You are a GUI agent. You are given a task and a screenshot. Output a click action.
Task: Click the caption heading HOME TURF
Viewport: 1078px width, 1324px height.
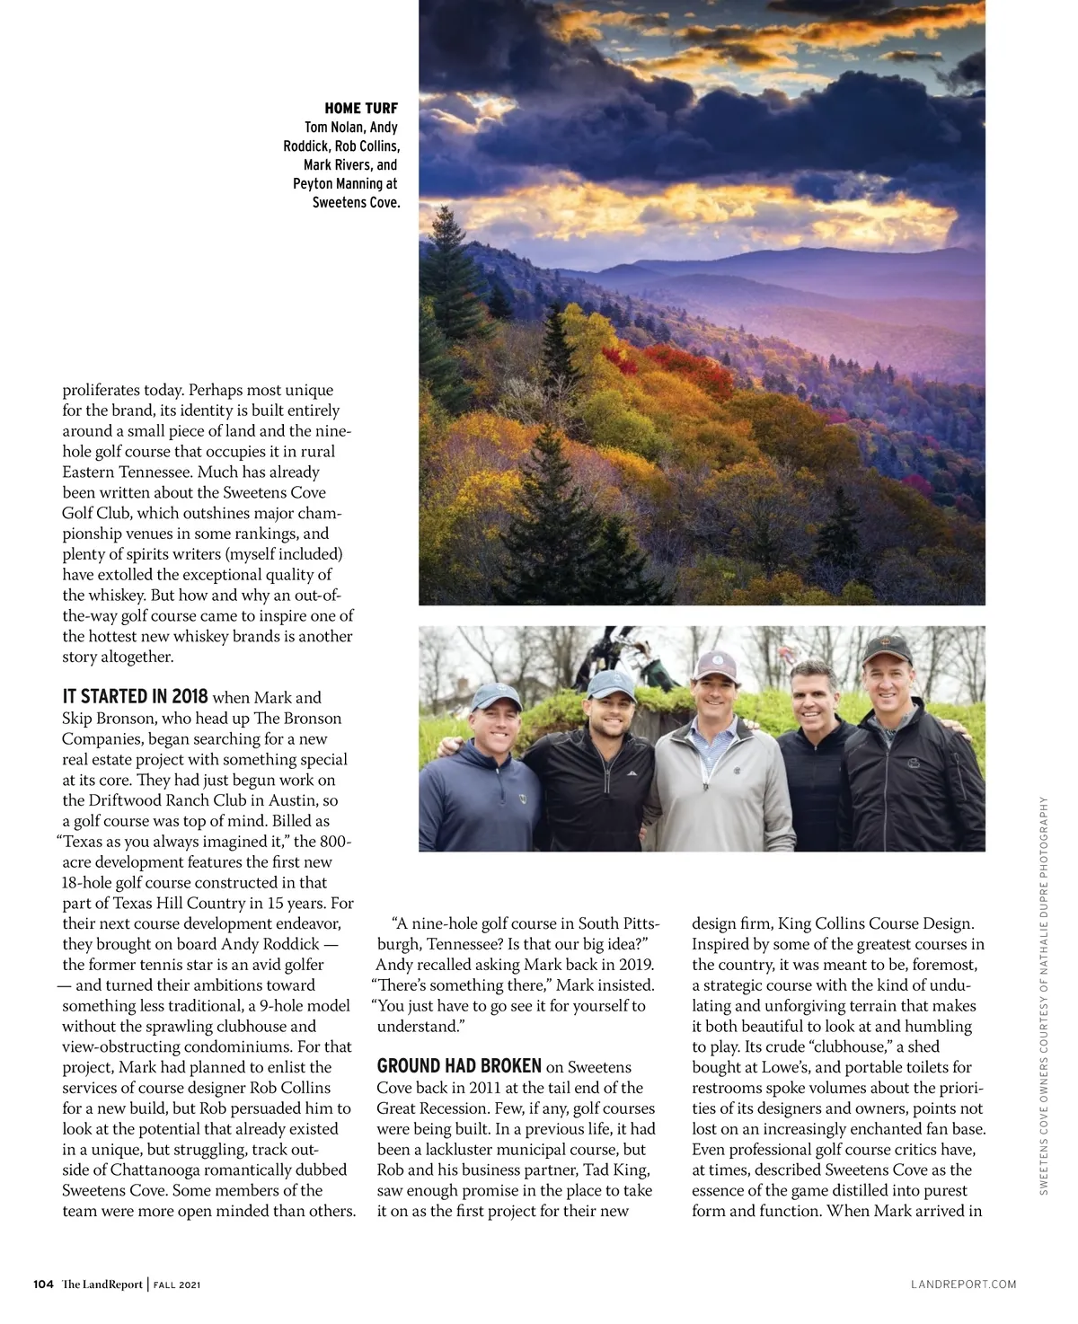click(x=360, y=109)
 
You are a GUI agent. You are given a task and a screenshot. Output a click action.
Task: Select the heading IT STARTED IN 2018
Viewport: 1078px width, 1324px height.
click(x=135, y=697)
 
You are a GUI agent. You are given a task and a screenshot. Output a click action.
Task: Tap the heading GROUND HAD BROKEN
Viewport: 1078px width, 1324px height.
click(x=459, y=1066)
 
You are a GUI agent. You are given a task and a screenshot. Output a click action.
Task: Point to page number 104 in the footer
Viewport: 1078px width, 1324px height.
click(x=43, y=1284)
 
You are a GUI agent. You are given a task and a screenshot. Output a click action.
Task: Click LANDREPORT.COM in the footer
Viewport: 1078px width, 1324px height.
click(x=963, y=1284)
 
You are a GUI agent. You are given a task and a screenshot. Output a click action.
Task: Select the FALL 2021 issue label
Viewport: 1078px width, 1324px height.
click(x=177, y=1285)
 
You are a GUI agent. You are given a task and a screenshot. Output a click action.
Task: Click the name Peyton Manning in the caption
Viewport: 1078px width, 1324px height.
click(x=345, y=183)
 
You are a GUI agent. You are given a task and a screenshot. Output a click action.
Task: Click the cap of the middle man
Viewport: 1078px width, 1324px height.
click(x=715, y=666)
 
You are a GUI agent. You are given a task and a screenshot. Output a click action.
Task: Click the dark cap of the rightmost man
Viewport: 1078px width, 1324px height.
click(x=886, y=649)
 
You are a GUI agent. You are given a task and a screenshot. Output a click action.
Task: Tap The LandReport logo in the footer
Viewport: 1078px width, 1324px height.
click(x=102, y=1284)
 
